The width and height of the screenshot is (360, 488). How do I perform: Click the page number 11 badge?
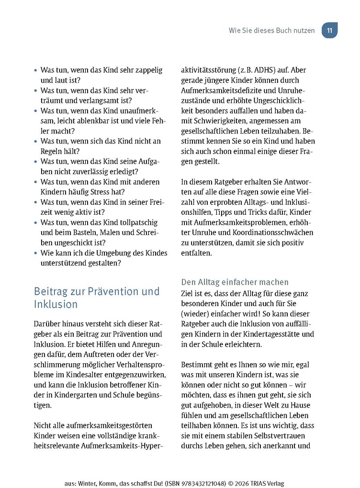click(x=329, y=30)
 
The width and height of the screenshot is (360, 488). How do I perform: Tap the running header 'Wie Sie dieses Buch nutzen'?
click(x=271, y=30)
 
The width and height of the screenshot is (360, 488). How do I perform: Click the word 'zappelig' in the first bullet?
click(x=147, y=70)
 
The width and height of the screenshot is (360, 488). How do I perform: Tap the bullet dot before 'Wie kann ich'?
click(x=35, y=253)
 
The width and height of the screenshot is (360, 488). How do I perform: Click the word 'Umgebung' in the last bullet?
click(x=117, y=253)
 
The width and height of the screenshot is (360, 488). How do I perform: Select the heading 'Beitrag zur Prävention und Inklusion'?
click(x=97, y=298)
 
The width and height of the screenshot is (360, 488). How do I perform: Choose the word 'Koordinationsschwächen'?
click(x=272, y=233)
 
